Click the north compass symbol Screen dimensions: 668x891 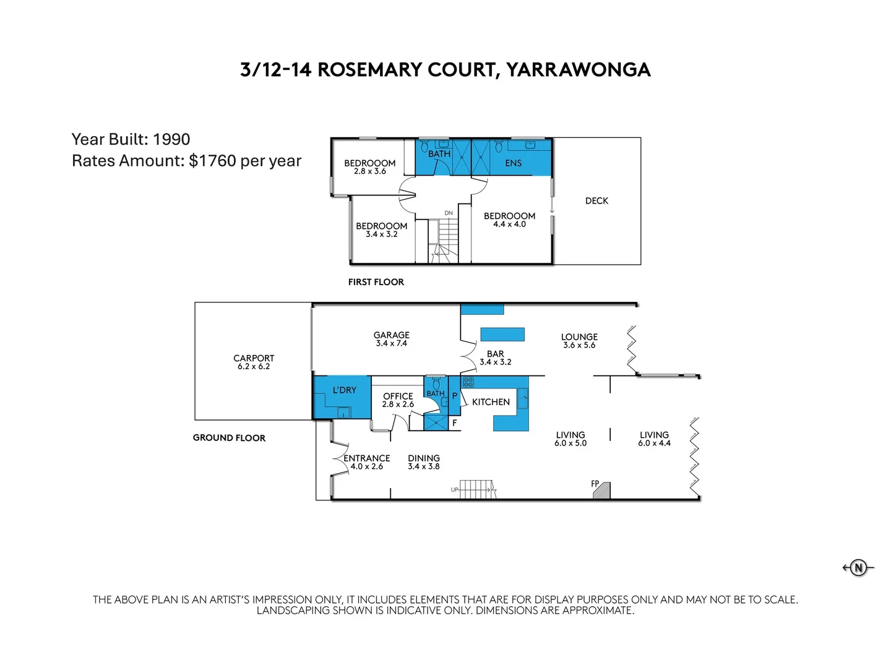(858, 567)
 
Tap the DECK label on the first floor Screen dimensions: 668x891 (596, 201)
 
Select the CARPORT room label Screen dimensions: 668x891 (254, 358)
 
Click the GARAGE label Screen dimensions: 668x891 (391, 335)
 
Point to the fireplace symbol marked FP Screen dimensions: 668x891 (601, 490)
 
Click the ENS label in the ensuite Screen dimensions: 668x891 (513, 163)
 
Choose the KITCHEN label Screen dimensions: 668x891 (491, 402)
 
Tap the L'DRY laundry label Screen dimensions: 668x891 (344, 390)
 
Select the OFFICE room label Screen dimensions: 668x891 (398, 396)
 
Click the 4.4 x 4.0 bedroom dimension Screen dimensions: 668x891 (509, 225)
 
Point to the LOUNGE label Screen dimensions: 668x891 (579, 337)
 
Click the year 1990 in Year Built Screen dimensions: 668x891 (171, 139)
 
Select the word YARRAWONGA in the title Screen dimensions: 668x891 (579, 70)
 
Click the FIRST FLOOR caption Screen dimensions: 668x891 (376, 282)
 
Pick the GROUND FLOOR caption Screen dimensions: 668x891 (229, 438)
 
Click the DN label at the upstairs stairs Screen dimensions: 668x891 (449, 213)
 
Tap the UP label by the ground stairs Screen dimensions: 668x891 (455, 490)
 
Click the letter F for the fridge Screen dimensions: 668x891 (454, 423)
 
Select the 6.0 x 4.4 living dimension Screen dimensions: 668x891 (654, 443)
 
